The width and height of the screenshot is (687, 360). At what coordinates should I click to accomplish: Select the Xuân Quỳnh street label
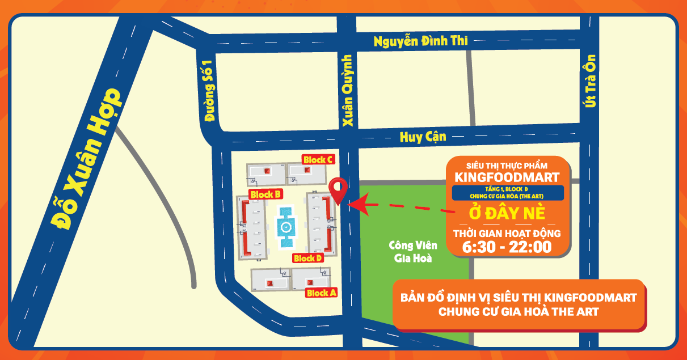point(348,91)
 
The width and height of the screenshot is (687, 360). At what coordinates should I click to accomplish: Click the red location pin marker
point(339,189)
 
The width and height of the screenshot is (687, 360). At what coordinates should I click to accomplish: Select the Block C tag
point(318,159)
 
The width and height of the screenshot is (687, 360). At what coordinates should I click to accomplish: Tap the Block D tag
point(307,258)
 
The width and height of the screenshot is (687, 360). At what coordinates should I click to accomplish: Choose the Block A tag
point(321,293)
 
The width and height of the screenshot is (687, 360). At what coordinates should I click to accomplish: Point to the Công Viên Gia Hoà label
point(413,252)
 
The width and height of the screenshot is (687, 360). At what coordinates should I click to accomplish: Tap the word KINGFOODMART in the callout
point(507,177)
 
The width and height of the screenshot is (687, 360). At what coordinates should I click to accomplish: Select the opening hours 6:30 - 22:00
point(507,247)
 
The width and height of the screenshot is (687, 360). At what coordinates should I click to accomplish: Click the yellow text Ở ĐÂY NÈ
point(507,213)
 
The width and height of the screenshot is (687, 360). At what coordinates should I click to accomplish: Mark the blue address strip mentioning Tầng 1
point(507,193)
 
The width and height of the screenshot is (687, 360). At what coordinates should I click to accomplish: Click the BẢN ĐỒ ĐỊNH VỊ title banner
point(519,304)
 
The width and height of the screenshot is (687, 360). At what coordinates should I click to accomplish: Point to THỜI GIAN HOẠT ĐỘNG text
point(507,234)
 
